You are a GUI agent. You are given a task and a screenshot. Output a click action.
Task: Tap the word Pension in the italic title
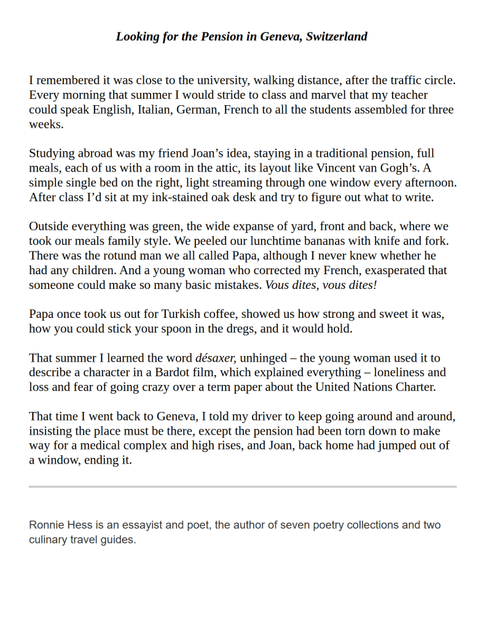[222, 36]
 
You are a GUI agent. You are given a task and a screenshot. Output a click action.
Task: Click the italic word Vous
[278, 285]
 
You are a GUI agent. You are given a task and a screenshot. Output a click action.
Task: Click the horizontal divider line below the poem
[243, 487]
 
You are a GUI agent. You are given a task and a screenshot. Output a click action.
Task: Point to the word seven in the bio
[294, 526]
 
